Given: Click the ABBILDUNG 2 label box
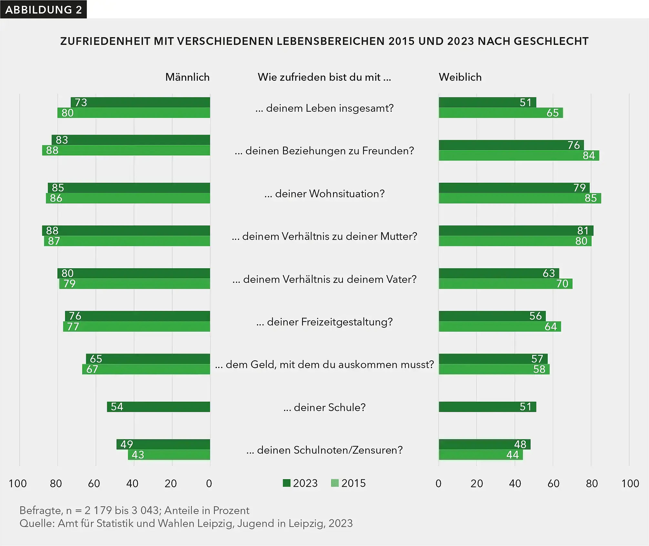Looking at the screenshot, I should click(43, 9).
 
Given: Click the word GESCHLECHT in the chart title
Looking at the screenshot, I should click(551, 41).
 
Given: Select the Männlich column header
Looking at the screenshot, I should click(187, 77).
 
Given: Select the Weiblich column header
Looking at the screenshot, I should click(460, 77).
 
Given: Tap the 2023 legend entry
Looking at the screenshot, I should click(300, 483).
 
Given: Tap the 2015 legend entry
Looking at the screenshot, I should click(349, 483).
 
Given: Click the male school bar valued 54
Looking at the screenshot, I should click(158, 407).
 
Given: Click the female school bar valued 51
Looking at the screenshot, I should click(487, 407).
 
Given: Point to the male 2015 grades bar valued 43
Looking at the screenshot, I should click(169, 455).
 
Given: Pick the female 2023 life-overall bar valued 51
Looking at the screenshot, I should click(487, 102).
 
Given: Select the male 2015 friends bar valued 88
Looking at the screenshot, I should click(126, 150).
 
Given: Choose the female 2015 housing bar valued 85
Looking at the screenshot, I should click(520, 198).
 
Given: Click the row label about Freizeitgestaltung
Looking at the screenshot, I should click(324, 322).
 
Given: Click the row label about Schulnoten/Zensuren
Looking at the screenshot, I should click(324, 450).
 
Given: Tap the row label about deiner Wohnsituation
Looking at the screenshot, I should click(324, 194).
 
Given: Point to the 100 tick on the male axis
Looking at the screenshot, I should click(18, 483).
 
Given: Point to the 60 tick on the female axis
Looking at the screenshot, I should click(553, 483).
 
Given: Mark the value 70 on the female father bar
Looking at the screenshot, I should click(562, 283).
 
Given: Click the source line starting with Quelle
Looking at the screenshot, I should click(186, 523).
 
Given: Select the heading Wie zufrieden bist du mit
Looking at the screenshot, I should click(324, 77).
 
